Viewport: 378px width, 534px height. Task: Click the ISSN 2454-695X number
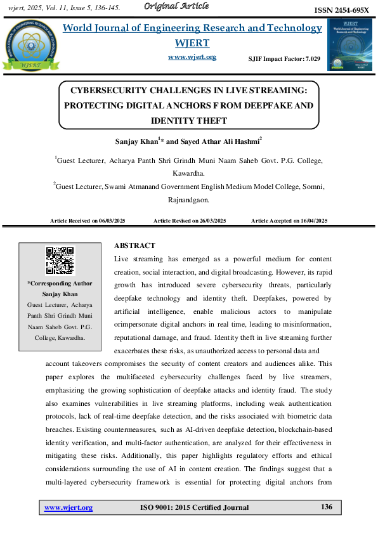342,11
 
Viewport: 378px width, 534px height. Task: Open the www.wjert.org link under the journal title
192,57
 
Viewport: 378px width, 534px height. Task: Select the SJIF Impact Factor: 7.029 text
284,58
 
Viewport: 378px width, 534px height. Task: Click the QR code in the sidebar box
60,261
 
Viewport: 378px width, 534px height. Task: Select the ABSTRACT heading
134,245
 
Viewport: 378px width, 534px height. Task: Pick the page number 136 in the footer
327,507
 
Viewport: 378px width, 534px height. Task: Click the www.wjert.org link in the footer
68,507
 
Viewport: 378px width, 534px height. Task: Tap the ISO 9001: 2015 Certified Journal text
193,507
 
